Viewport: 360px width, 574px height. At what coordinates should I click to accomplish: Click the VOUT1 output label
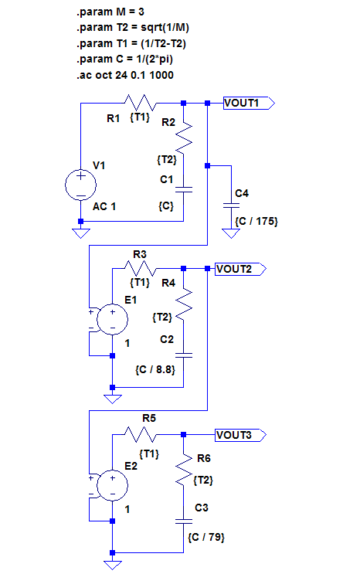pos(249,104)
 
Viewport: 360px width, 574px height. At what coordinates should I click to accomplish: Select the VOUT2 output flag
pos(240,269)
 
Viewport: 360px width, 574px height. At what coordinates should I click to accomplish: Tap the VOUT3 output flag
pos(240,435)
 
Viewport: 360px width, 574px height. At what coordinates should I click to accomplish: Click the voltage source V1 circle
pos(80,185)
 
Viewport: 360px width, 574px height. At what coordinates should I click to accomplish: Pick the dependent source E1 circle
pos(113,319)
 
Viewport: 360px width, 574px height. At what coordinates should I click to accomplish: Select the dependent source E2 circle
pos(113,485)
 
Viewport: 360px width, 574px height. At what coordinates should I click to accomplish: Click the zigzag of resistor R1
pos(141,103)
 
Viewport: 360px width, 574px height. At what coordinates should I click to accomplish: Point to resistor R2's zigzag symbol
pos(184,138)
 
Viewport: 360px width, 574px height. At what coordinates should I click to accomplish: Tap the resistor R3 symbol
pos(141,268)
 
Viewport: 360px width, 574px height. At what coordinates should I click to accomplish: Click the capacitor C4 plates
pos(231,205)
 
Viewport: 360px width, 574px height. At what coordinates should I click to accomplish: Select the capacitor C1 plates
pos(184,189)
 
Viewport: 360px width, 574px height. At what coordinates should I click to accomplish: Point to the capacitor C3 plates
pos(184,521)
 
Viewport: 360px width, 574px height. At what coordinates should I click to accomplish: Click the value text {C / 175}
pos(256,222)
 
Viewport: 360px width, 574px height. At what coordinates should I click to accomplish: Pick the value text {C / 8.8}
pos(155,370)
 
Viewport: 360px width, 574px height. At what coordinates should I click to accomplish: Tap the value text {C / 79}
pos(206,538)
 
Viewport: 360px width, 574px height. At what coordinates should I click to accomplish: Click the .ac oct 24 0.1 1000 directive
pos(125,75)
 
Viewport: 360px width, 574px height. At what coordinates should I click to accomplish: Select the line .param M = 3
pos(110,12)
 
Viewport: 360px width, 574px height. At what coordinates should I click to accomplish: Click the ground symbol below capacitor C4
pos(231,233)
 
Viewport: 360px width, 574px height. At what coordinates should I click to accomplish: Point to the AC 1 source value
pos(104,206)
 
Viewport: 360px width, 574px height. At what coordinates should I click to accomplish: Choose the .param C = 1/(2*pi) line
pos(124,59)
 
